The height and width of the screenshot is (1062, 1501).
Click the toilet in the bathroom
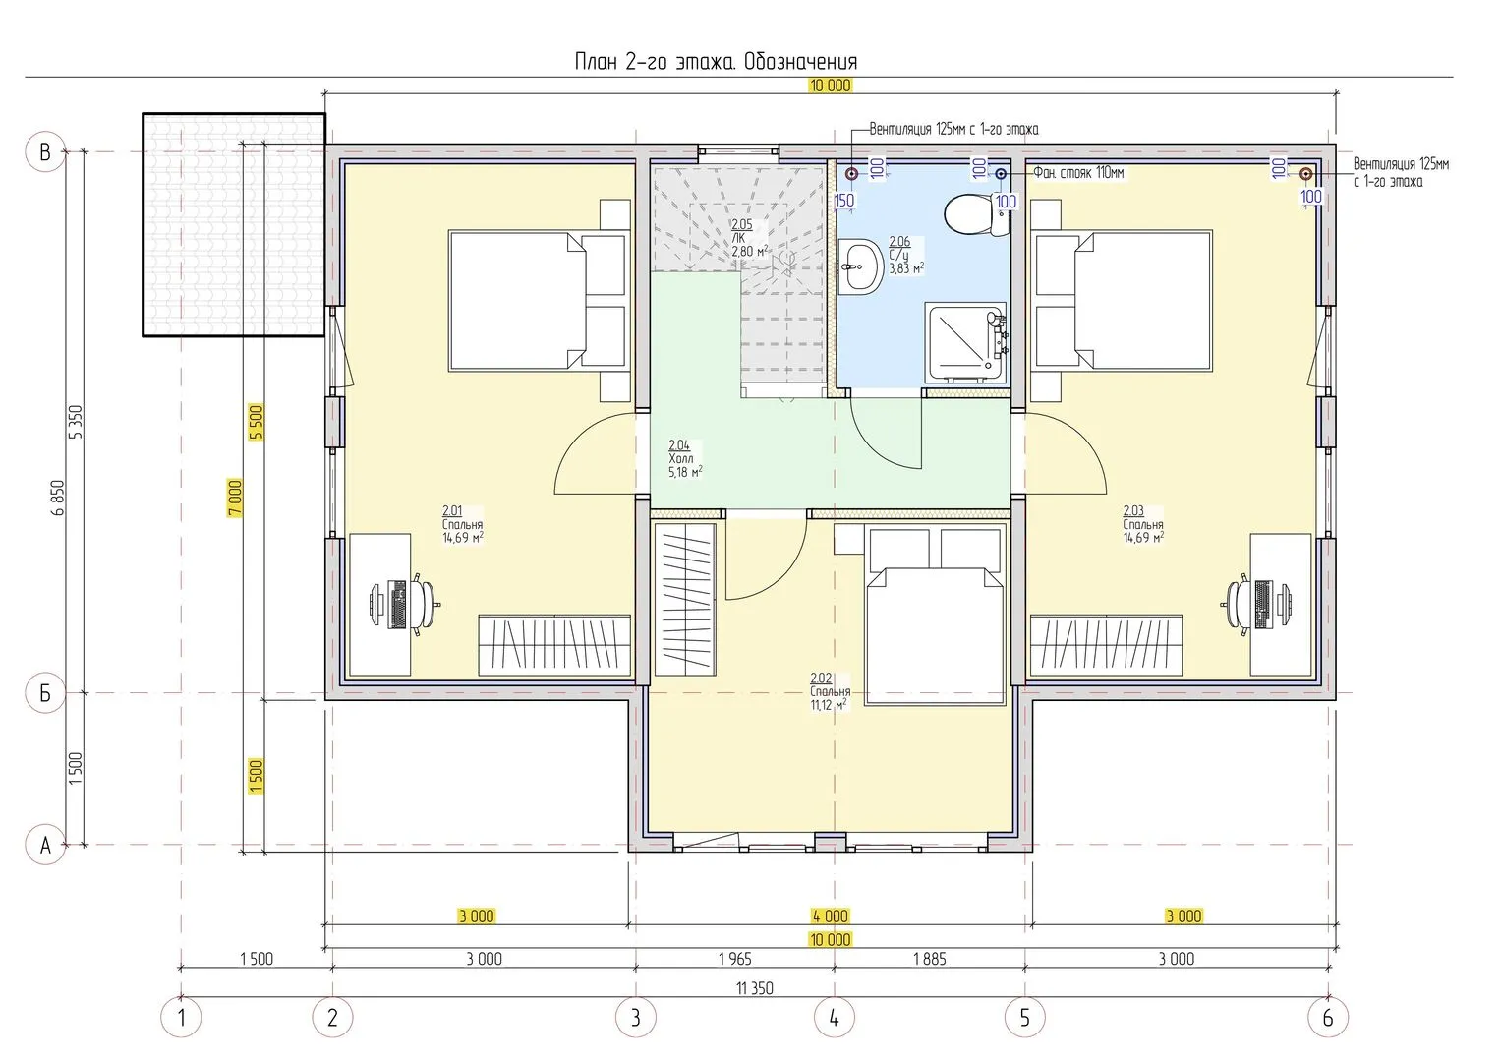pyautogui.click(x=976, y=214)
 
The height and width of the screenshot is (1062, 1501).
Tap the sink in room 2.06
pyautogui.click(x=862, y=266)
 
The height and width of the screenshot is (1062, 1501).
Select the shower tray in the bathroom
pyautogui.click(x=965, y=343)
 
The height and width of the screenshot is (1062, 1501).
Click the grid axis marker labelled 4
pyautogui.click(x=835, y=1019)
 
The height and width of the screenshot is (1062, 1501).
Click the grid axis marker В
pyautogui.click(x=45, y=152)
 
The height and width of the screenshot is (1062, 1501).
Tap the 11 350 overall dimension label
pyautogui.click(x=755, y=987)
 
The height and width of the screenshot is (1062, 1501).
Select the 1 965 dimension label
pyautogui.click(x=735, y=959)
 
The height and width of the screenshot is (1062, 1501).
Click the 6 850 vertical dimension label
pyautogui.click(x=58, y=498)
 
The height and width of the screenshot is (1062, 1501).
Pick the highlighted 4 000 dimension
pyautogui.click(x=831, y=915)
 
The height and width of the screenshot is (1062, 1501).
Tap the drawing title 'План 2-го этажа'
pyautogui.click(x=657, y=62)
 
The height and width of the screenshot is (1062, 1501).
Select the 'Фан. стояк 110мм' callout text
pyautogui.click(x=1078, y=173)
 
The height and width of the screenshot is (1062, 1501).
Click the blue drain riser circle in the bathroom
pyautogui.click(x=1001, y=174)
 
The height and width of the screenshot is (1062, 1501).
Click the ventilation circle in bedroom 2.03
pyautogui.click(x=1305, y=174)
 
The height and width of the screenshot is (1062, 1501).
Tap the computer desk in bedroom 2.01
pyautogui.click(x=380, y=605)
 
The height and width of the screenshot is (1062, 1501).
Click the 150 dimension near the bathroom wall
pyautogui.click(x=844, y=200)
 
